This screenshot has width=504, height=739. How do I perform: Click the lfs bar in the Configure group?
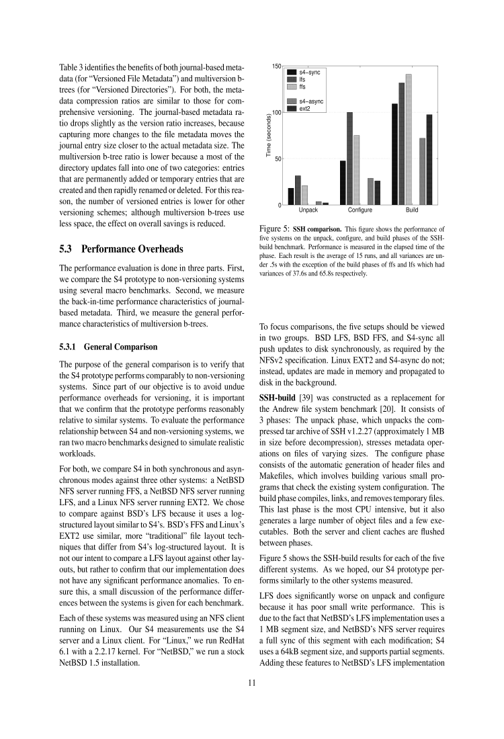click(x=349, y=159)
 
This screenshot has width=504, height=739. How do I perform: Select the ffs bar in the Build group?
click(x=409, y=140)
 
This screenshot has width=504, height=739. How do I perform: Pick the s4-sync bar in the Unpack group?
click(x=291, y=196)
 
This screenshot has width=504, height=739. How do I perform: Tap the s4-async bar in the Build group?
click(x=422, y=171)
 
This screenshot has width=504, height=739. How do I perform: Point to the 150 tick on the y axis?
click(x=276, y=67)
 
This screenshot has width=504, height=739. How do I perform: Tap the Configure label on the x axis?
click(x=360, y=211)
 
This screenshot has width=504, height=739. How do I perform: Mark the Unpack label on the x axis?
click(x=308, y=211)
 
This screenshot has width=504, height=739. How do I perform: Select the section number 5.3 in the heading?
click(x=67, y=249)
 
